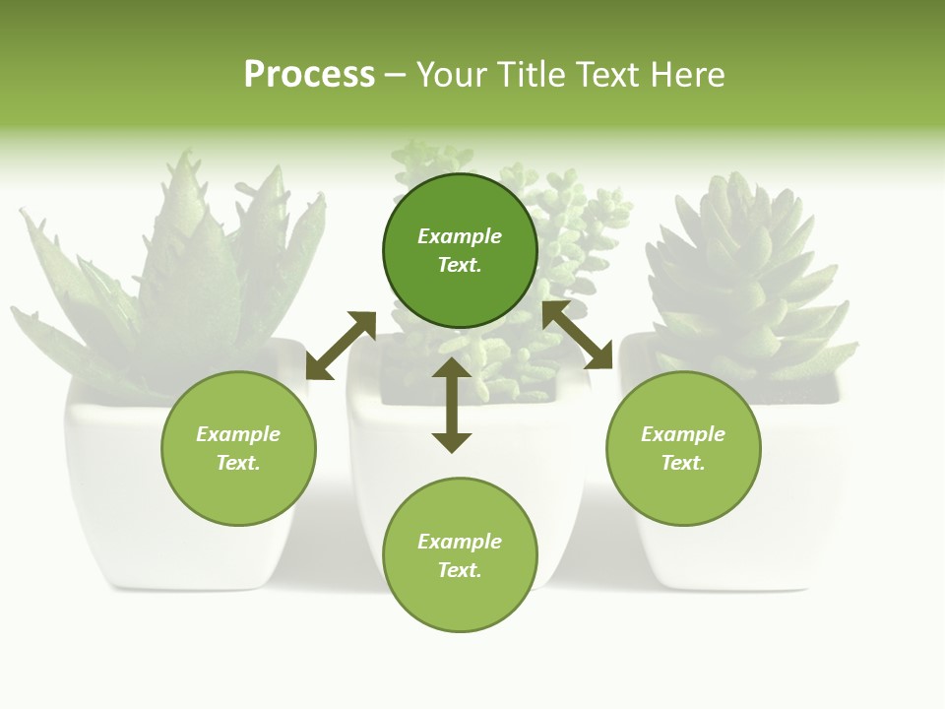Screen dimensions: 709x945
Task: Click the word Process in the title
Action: coord(309,75)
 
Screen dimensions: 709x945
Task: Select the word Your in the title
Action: coord(453,75)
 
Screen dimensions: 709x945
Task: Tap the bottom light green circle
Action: coord(460,601)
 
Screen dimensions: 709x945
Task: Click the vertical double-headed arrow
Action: coord(452,405)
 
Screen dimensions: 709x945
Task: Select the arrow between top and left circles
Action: coord(341,346)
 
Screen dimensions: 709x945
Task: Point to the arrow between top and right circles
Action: coord(578,335)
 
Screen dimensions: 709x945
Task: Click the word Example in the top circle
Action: coord(460,236)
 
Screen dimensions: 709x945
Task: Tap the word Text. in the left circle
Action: coord(238,463)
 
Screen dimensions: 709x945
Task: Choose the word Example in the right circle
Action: coord(683,434)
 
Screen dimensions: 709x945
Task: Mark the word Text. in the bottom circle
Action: coord(460,570)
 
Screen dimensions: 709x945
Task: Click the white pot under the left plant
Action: coord(118,492)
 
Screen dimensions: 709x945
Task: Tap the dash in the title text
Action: coord(396,75)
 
